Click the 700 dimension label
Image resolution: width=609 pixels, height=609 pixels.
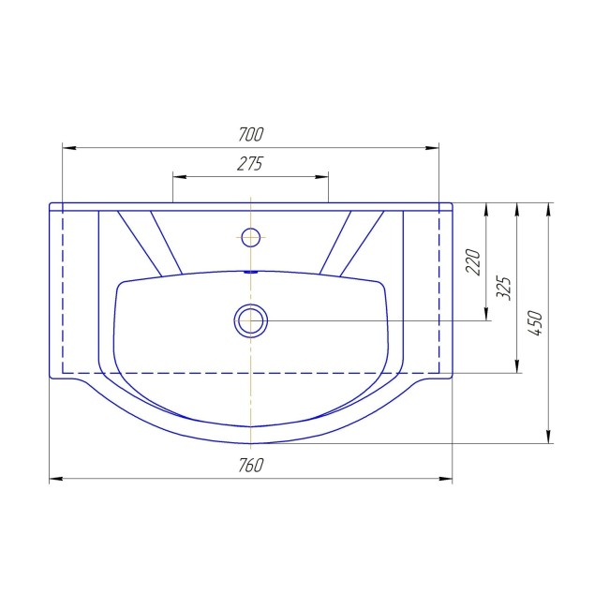click(x=250, y=134)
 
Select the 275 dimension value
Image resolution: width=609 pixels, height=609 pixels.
click(x=250, y=164)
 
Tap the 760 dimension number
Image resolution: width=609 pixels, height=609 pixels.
click(x=251, y=465)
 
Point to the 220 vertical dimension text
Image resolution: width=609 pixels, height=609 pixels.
click(x=472, y=262)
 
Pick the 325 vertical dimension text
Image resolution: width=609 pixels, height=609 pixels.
click(x=504, y=288)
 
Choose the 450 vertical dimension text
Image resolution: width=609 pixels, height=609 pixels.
click(x=535, y=323)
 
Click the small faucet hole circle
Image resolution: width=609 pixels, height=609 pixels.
click(x=251, y=237)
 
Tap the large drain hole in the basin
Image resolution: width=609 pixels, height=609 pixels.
click(x=251, y=320)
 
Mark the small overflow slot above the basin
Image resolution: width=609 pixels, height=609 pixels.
click(x=251, y=273)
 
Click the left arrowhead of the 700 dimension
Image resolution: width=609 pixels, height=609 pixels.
click(x=68, y=148)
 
